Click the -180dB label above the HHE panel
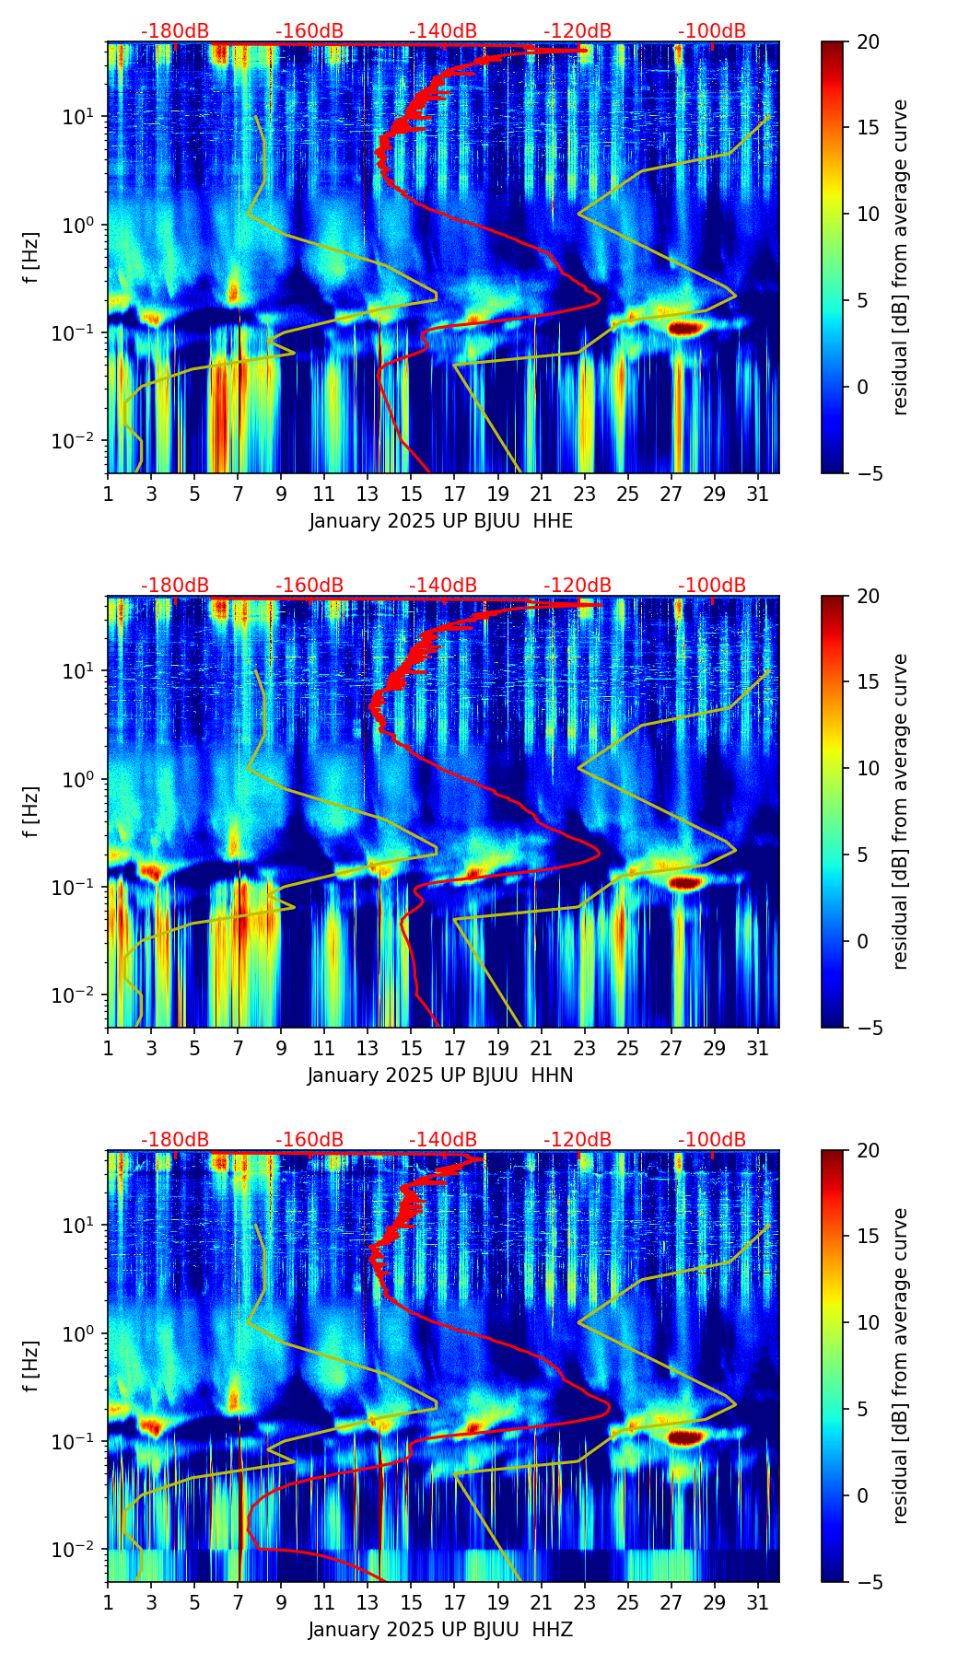(175, 31)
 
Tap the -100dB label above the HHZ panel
(712, 1140)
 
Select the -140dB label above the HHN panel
(443, 586)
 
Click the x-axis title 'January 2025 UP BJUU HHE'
(440, 521)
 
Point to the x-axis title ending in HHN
(440, 1076)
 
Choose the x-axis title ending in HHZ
(440, 1630)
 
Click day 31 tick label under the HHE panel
(757, 494)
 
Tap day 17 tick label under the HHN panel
(454, 1048)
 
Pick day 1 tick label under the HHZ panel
(108, 1602)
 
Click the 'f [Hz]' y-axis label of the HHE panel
(31, 258)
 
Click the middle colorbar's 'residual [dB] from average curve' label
(900, 811)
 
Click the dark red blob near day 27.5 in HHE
(685, 328)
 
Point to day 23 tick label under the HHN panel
(584, 1048)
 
